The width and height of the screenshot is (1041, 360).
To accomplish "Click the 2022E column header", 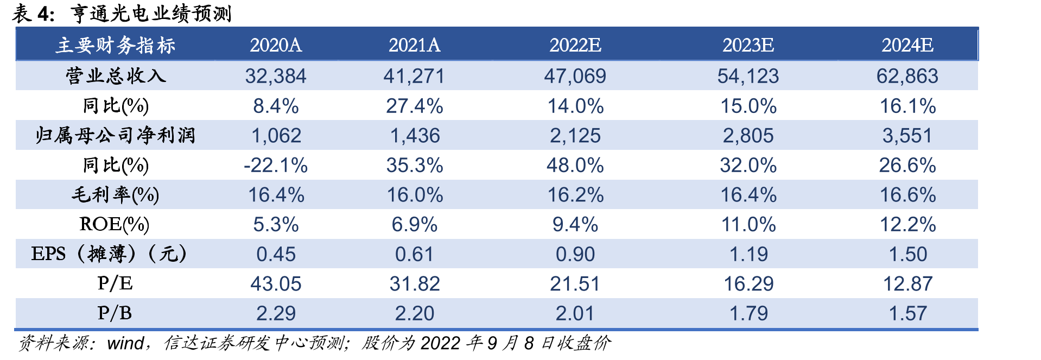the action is [575, 45].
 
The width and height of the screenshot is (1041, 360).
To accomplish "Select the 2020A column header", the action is [276, 45].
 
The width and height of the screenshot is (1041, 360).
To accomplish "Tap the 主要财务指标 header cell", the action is [115, 45].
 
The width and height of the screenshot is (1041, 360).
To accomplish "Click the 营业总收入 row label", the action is [115, 75].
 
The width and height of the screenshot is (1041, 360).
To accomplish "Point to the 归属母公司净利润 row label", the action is [115, 135].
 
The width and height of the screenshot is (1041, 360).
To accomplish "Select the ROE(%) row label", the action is [115, 224].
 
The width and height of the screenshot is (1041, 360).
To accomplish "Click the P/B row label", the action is [115, 313].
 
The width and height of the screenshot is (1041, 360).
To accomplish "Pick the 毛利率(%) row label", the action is [115, 194].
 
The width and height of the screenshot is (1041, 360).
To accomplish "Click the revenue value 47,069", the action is [575, 76].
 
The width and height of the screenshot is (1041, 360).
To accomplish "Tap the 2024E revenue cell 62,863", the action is [907, 76].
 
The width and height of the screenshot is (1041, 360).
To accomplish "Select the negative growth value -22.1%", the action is [276, 165].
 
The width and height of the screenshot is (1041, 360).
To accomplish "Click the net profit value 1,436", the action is [415, 136].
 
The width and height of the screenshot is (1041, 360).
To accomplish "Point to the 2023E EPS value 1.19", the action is [748, 254].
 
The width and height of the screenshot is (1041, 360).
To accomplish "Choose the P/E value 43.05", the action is [276, 284].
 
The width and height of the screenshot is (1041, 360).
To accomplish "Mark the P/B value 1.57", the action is [907, 313].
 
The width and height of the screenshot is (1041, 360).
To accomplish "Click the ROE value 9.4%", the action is [575, 224].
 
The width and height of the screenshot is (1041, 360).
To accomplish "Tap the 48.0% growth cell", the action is [575, 165].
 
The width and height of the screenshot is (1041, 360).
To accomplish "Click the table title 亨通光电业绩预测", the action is [151, 14].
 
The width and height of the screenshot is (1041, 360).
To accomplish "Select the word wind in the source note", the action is [125, 343].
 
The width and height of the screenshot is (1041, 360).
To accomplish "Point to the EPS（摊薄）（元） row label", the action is [109, 254].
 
